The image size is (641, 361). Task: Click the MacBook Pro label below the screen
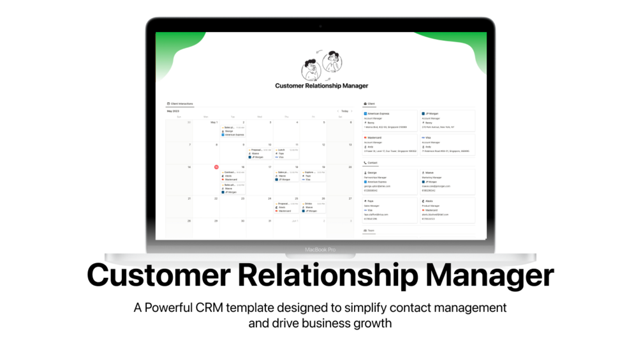tap(320, 249)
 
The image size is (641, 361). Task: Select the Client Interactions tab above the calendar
tap(181, 104)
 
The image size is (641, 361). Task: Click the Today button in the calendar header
tap(344, 111)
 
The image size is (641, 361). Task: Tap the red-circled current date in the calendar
tap(216, 167)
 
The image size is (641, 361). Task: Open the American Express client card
tap(390, 119)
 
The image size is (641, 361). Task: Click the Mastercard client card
tap(390, 144)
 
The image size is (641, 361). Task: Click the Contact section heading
tap(371, 163)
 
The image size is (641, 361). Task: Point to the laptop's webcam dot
tap(320, 26)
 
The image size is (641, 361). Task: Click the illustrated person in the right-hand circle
tap(330, 63)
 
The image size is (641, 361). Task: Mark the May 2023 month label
tap(173, 111)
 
